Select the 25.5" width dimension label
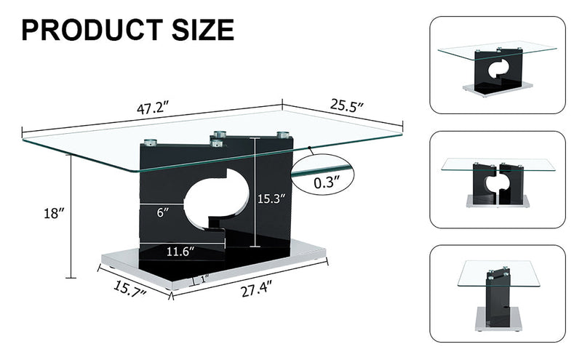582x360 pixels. pos(347,105)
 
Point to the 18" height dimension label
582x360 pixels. pos(55,213)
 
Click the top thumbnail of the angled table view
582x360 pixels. pos(497,66)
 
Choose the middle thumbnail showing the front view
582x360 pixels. pos(497,180)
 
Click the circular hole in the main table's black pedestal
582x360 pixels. pos(211,195)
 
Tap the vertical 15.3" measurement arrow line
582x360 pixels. pos(255,193)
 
